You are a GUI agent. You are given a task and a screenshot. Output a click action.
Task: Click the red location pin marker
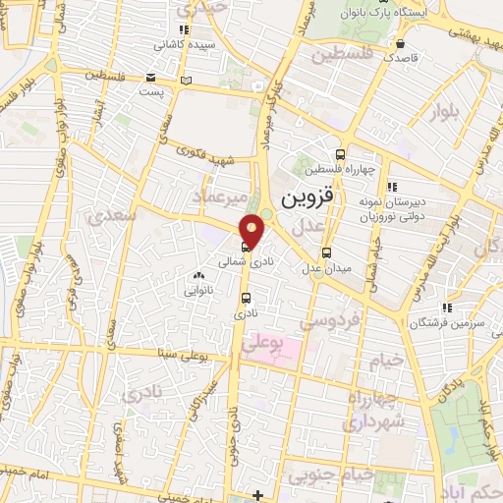pyautogui.click(x=252, y=231)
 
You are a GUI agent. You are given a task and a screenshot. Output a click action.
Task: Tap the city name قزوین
pyautogui.click(x=307, y=196)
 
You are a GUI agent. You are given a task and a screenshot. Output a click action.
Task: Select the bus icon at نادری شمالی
pyautogui.click(x=245, y=247)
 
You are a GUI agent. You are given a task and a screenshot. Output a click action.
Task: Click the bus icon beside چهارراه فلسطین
pyautogui.click(x=340, y=154)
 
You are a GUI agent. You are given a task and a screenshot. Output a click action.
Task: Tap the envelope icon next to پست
pyautogui.click(x=149, y=77)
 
